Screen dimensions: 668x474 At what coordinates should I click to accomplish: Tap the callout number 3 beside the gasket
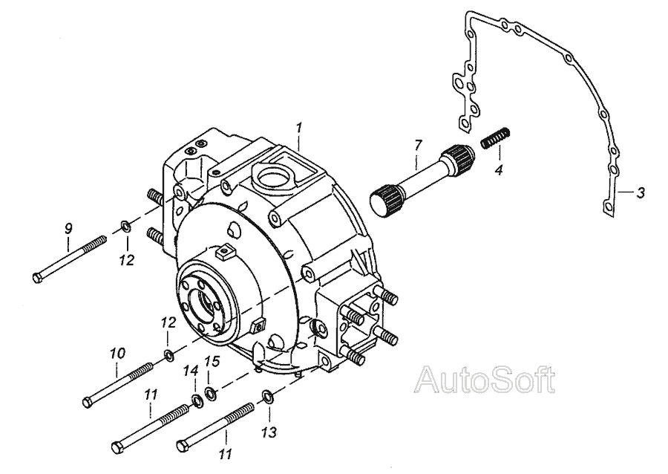(x=641, y=192)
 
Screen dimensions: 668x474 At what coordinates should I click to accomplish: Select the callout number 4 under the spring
(x=499, y=170)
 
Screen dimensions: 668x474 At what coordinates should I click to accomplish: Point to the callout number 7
(x=418, y=145)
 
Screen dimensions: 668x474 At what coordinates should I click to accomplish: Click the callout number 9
(x=68, y=229)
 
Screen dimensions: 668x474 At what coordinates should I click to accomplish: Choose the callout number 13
(x=269, y=432)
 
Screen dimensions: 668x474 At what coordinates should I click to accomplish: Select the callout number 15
(x=212, y=362)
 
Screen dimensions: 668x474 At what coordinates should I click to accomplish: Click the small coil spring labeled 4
(x=496, y=137)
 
